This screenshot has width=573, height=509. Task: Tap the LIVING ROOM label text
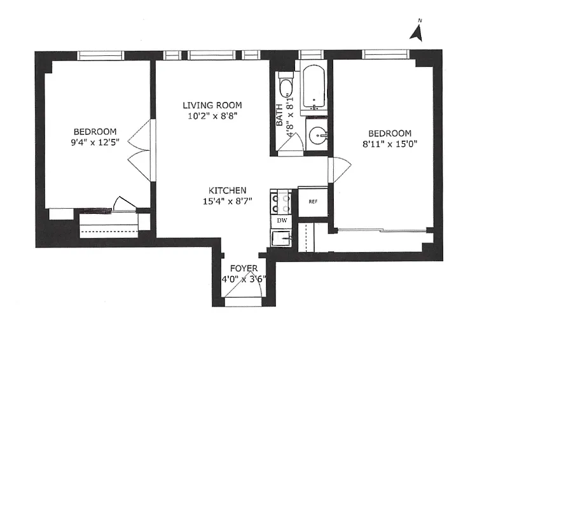pyautogui.click(x=212, y=106)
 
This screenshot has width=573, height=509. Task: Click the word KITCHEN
pyautogui.click(x=228, y=191)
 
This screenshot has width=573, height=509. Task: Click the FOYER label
pyautogui.click(x=244, y=268)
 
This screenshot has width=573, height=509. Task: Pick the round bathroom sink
pyautogui.click(x=316, y=134)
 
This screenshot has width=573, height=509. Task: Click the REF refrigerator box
pyautogui.click(x=313, y=202)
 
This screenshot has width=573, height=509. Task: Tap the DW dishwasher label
pyautogui.click(x=282, y=220)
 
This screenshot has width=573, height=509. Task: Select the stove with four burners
pyautogui.click(x=282, y=202)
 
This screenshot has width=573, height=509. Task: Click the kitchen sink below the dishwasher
pyautogui.click(x=282, y=239)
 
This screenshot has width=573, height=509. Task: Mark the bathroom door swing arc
pyautogui.click(x=290, y=146)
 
